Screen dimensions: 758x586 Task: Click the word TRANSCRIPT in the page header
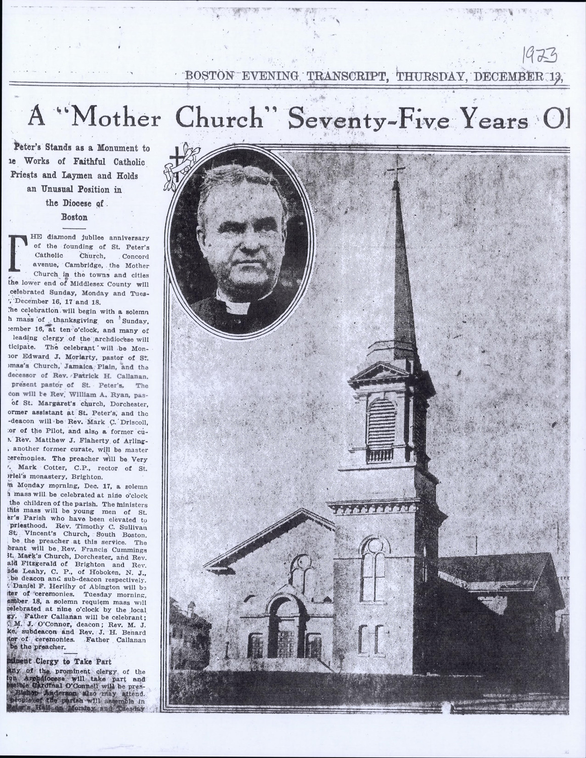point(348,76)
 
